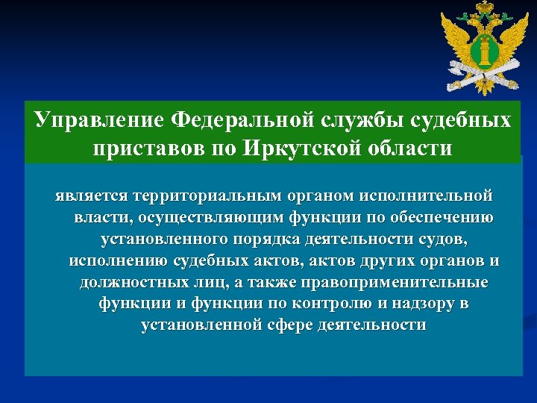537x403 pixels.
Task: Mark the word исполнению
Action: tap(119, 262)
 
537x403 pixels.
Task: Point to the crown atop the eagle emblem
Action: tap(482, 10)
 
